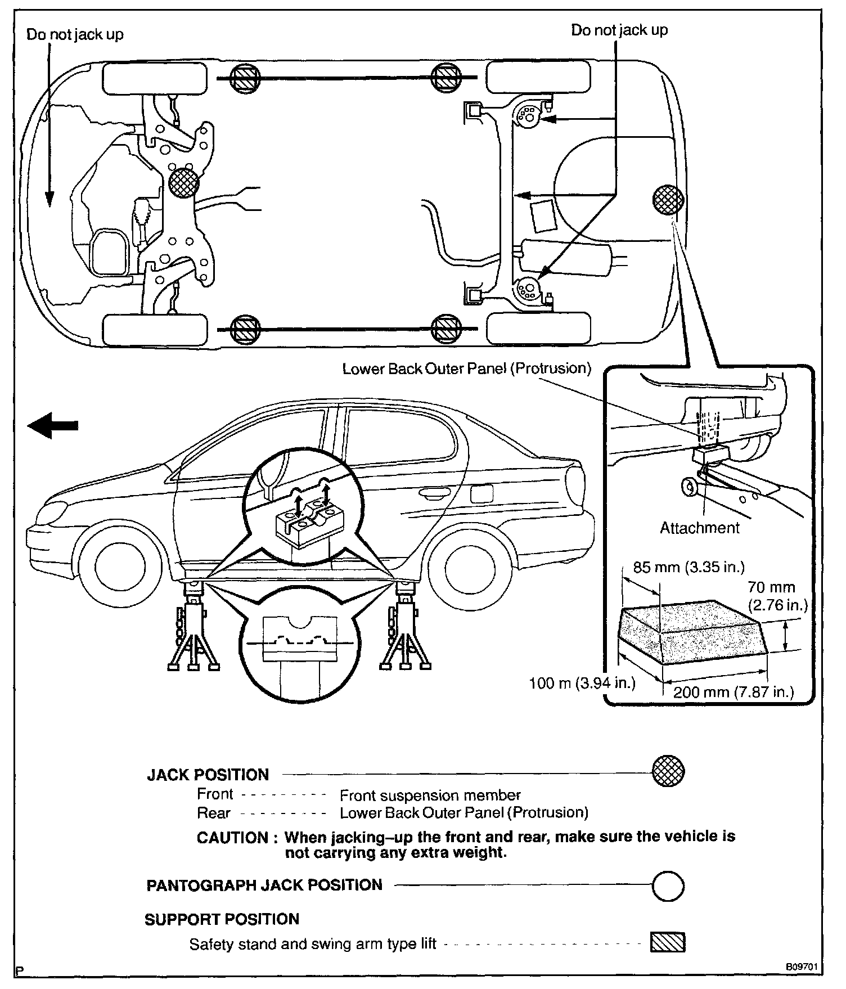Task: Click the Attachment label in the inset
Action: (x=699, y=528)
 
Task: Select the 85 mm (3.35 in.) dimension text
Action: (x=688, y=567)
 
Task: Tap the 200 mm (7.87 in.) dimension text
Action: (x=733, y=691)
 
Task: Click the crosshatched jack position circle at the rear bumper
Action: (x=668, y=200)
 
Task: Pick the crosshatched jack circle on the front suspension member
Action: (x=183, y=183)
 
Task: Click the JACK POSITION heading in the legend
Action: (x=208, y=775)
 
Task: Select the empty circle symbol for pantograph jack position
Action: (x=668, y=886)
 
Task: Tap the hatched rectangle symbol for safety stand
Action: (x=668, y=942)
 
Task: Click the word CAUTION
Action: (x=232, y=838)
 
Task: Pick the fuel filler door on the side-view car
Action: (x=481, y=493)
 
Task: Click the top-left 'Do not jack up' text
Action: (x=75, y=34)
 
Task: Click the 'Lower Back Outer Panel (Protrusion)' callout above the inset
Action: (x=467, y=368)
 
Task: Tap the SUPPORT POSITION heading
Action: (x=222, y=919)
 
